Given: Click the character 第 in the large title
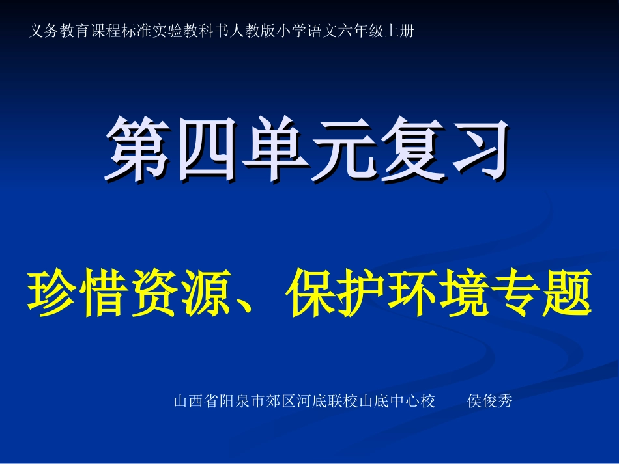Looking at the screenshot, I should (x=139, y=150).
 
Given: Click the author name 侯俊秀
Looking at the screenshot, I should (x=491, y=402).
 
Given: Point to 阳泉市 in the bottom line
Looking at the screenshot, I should (x=243, y=402).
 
